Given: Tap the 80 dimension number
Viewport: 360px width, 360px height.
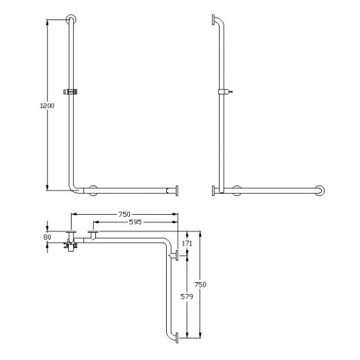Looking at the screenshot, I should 47,236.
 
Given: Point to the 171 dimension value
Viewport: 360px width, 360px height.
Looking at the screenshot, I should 186,244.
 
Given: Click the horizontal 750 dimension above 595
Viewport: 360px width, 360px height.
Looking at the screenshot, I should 124,214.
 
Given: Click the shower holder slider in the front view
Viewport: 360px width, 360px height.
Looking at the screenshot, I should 69,91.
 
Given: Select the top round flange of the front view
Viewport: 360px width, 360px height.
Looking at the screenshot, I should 70,17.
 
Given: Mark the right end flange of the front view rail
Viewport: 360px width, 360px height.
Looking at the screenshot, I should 178,190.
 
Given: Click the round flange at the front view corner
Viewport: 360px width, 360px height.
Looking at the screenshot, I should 92,189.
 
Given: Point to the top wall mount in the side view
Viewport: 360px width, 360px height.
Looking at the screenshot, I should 213,18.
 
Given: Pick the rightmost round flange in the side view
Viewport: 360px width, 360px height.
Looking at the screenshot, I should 319,190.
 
